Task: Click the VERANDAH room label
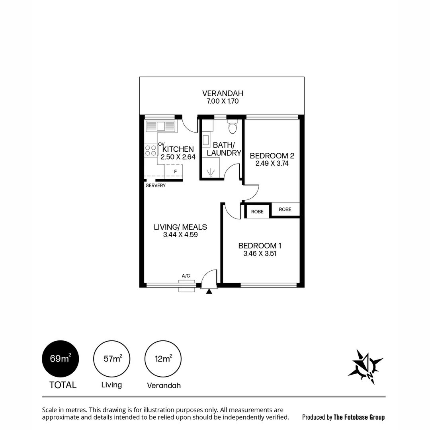tap(223, 94)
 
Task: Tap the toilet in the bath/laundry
tap(233, 127)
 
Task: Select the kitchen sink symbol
tap(161, 127)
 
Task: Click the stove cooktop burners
tap(151, 150)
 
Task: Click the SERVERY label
tap(156, 186)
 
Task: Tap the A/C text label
tap(186, 276)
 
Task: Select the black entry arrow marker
tap(209, 291)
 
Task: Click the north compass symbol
tap(365, 367)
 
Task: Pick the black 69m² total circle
tap(61, 359)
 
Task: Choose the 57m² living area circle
tap(112, 359)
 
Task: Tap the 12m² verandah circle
tap(163, 359)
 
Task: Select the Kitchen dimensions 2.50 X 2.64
tap(178, 157)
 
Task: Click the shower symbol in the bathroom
tap(211, 172)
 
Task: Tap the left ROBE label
tap(257, 211)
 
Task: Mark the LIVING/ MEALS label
tap(180, 227)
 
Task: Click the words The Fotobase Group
tap(359, 417)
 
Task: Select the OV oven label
tap(161, 144)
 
